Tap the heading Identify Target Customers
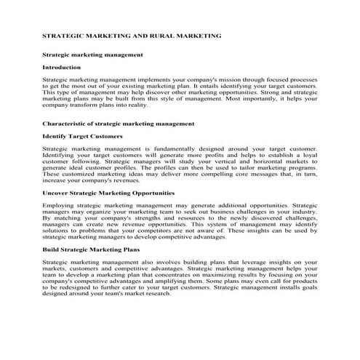click(x=81, y=136)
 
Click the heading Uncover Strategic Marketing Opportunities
click(x=108, y=193)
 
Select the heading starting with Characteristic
click(x=118, y=124)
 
